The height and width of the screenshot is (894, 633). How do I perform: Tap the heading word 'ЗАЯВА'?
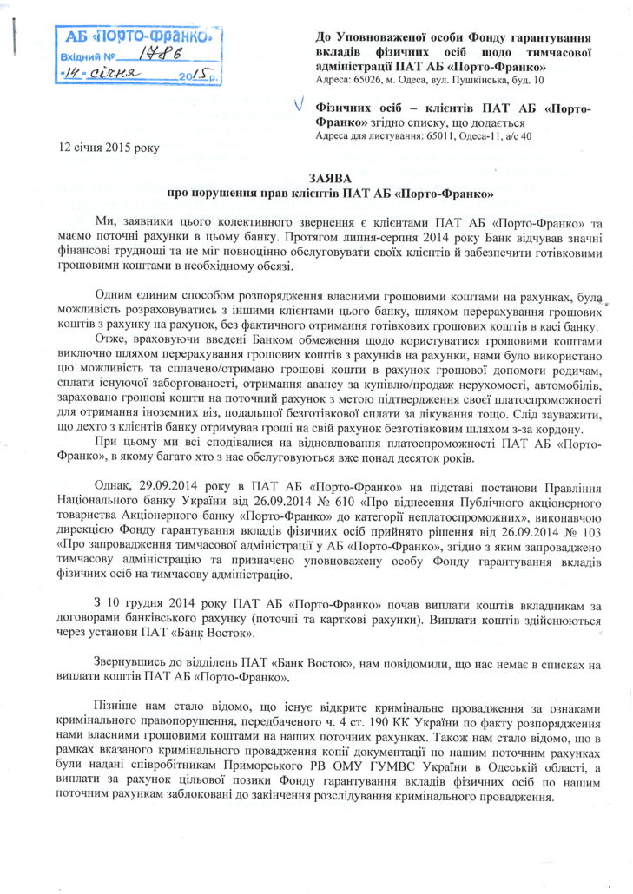click(x=334, y=175)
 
